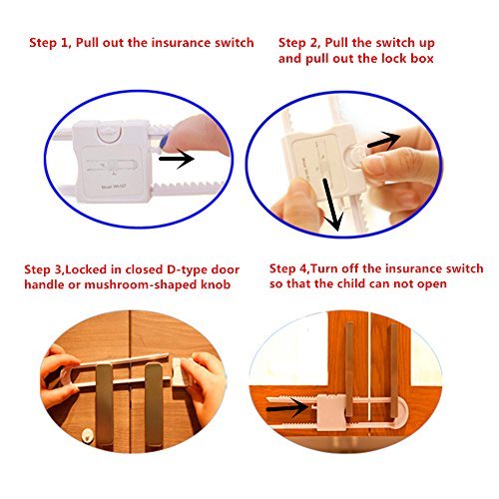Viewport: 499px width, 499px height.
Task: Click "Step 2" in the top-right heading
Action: (x=298, y=43)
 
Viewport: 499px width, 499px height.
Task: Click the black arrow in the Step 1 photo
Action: (x=177, y=159)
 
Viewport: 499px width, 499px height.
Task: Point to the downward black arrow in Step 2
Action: (x=332, y=205)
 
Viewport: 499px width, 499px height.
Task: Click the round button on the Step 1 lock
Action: (x=106, y=134)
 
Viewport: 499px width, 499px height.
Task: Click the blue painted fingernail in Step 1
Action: (x=165, y=141)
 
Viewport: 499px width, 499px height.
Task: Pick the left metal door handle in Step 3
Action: (x=105, y=404)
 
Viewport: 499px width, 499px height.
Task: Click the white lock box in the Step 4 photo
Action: (x=330, y=411)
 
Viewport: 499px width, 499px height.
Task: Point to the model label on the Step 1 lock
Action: (x=114, y=187)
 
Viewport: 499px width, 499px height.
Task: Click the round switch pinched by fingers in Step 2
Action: (x=354, y=157)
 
